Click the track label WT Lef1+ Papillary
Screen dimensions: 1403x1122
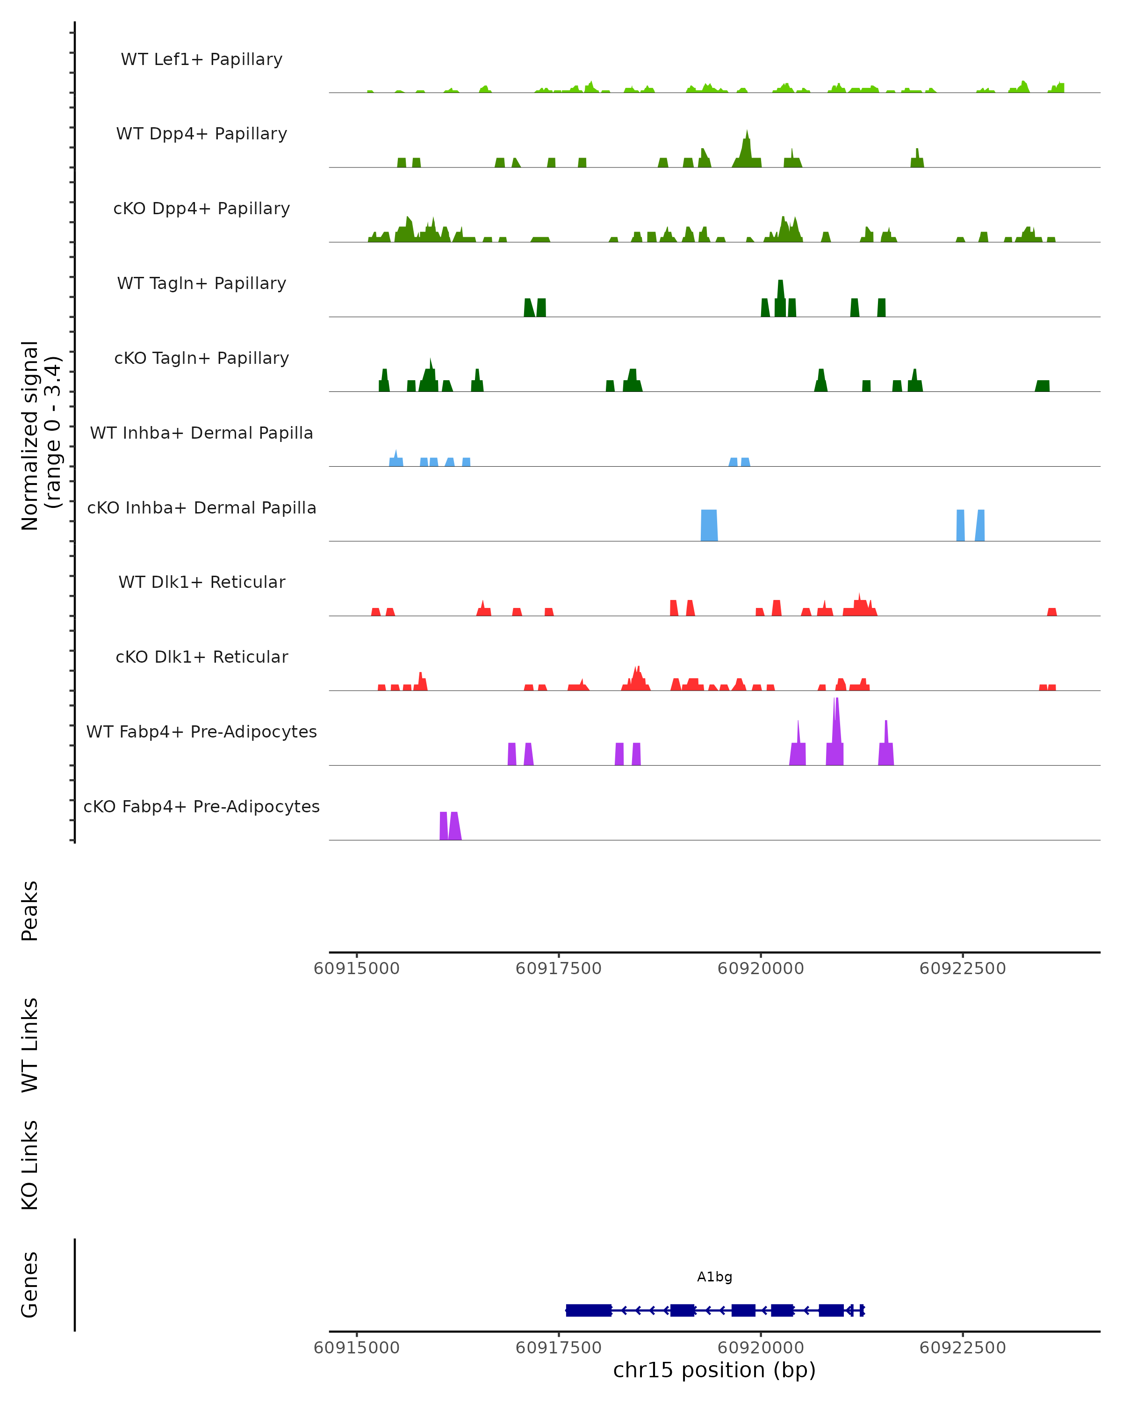coord(201,59)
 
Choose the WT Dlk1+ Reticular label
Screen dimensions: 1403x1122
coord(201,582)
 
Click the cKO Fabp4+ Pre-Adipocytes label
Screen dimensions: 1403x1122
coord(201,806)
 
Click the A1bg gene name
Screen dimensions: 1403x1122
coord(714,1277)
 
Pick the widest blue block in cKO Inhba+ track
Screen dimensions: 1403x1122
coord(709,525)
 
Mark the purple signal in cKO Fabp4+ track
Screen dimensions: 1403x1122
coord(450,826)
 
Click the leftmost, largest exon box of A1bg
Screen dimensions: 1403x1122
coord(589,1310)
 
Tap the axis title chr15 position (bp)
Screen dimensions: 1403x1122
coord(714,1370)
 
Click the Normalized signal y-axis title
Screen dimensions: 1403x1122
coord(40,435)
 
